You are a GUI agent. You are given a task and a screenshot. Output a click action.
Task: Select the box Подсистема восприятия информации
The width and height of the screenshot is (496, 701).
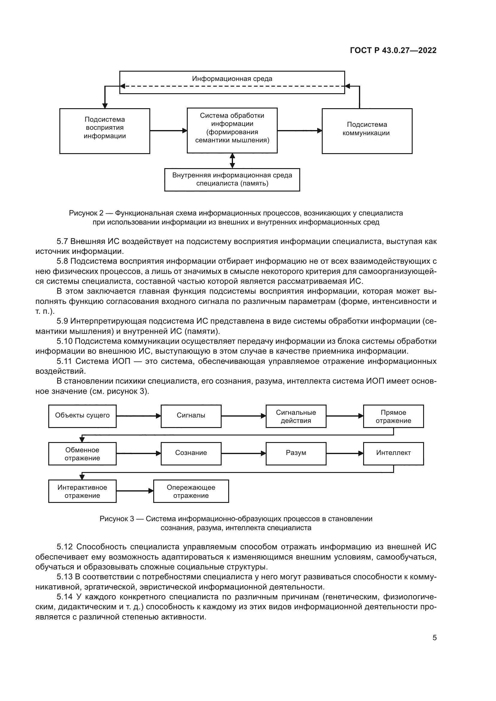tap(104, 131)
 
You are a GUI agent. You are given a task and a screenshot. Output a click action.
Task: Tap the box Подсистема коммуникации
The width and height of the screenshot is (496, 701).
tap(366, 131)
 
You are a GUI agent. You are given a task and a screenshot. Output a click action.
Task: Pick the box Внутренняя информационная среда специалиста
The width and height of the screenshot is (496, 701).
tap(232, 180)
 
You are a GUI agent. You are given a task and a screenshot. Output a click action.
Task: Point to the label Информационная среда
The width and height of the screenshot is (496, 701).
tap(232, 79)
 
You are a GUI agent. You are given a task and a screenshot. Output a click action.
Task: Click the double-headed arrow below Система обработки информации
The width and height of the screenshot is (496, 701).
tap(232, 161)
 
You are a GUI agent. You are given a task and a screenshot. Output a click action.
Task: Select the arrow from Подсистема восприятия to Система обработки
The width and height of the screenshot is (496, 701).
tap(168, 131)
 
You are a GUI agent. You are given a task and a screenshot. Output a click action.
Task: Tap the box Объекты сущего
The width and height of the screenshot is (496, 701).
tap(82, 416)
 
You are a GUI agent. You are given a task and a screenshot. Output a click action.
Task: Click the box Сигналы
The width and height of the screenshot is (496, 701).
tap(191, 416)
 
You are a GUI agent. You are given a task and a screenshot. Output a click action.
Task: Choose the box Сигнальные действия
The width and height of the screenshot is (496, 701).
tap(296, 416)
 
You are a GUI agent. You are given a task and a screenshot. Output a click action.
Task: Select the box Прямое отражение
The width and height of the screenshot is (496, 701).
tap(393, 416)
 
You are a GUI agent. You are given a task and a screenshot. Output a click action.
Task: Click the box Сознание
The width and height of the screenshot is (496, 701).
tap(191, 453)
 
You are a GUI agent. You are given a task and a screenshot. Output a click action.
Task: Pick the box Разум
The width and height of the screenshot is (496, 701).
tap(296, 453)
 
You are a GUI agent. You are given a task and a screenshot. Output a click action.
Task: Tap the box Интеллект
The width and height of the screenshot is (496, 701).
tap(393, 453)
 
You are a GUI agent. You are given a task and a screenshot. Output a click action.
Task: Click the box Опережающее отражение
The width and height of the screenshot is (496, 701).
tap(191, 491)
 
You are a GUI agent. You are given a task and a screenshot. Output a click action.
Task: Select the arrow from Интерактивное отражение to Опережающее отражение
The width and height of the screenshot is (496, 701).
tap(135, 491)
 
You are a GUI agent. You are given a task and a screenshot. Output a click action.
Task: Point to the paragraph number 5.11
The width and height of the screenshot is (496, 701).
tap(64, 361)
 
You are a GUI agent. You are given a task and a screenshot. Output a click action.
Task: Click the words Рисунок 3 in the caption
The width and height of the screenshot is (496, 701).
tap(117, 519)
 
